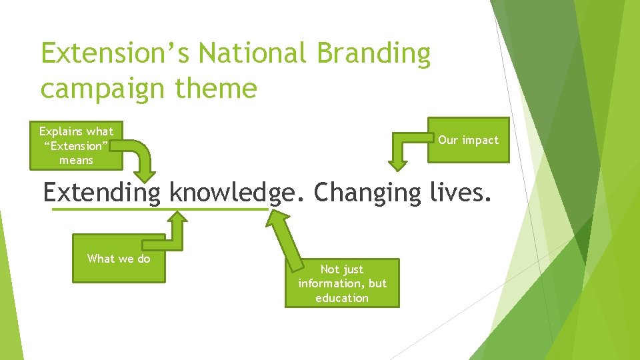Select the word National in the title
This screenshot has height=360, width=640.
coord(244,54)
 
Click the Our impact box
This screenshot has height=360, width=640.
coord(468,140)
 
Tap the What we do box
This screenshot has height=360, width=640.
coord(119,259)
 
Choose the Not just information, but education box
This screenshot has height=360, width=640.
coord(342,283)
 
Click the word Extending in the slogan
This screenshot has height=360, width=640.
coord(102,193)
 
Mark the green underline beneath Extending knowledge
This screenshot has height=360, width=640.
coord(160,209)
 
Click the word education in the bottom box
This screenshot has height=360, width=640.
coord(342,298)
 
